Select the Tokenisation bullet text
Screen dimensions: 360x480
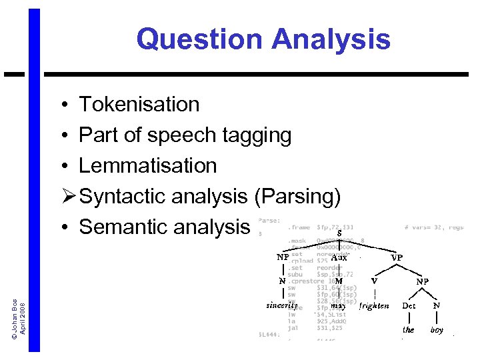(139, 105)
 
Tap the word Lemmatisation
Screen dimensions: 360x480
(147, 166)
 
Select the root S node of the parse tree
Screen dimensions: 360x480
(339, 233)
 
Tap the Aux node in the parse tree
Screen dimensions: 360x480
(339, 257)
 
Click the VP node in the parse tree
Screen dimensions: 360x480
(396, 257)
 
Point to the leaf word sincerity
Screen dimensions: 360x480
(282, 305)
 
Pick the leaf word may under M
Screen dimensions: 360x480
(338, 305)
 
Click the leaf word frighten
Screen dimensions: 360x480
(374, 306)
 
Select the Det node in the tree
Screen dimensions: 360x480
(409, 306)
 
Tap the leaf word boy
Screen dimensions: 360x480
(437, 329)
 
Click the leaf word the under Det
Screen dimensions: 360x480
(408, 329)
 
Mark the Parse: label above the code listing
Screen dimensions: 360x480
(269, 220)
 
